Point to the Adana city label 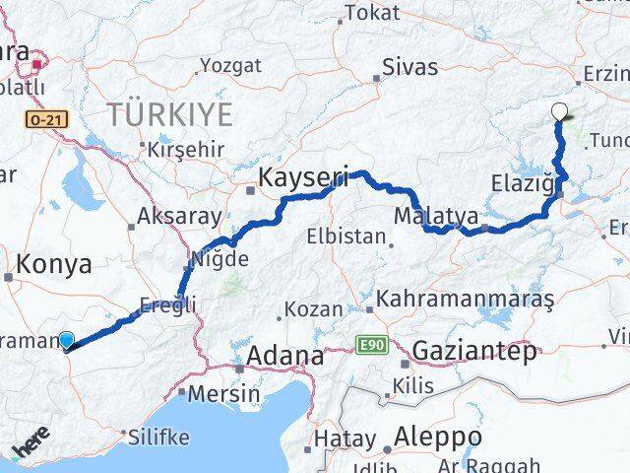coord(285,355)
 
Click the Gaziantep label coord(475,350)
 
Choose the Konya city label coord(55,264)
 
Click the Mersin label coord(226,394)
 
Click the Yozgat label coord(230,66)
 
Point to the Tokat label coord(371,14)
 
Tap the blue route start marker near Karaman coord(66,341)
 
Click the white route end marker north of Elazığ coord(560,112)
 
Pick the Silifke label coord(157,434)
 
